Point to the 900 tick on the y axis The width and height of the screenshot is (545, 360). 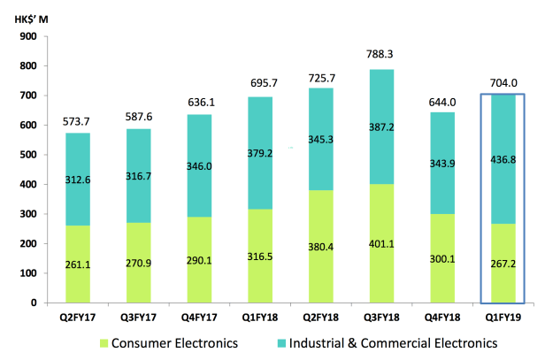coord(26,37)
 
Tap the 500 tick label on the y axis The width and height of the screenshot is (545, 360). coord(26,155)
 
